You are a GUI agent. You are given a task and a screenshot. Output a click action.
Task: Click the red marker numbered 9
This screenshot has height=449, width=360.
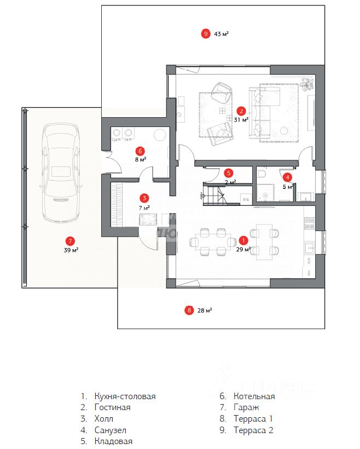206,34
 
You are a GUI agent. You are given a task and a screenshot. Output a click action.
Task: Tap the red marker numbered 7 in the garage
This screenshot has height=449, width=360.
69,240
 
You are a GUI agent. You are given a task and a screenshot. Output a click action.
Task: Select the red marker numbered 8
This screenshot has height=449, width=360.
189,310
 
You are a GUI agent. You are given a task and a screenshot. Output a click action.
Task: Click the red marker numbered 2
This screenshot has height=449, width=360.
241,110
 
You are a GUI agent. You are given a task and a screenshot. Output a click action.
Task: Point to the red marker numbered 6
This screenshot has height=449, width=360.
140,151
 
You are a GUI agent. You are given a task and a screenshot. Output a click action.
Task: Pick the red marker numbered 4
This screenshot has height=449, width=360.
287,177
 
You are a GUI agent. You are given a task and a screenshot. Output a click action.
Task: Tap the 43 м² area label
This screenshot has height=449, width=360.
222,34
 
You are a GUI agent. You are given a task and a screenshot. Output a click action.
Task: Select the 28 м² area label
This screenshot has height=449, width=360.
205,310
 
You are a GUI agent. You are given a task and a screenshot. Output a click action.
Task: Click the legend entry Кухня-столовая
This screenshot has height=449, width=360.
125,396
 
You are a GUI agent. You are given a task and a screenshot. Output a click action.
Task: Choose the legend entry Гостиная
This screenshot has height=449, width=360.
112,407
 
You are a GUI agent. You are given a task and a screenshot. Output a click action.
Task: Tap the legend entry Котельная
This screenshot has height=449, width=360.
254,396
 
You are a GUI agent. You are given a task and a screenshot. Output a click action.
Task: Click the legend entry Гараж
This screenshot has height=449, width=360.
246,407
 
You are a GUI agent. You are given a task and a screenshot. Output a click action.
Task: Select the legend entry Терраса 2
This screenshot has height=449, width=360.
253,430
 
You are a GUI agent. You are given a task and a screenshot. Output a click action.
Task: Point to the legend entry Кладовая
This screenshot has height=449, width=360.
113,441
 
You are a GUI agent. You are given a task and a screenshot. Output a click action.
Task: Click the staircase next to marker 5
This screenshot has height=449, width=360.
214,194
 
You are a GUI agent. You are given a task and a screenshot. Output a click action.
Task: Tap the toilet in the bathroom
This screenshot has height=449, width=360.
262,175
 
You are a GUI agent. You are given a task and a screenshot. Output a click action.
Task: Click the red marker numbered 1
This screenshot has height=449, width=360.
243,240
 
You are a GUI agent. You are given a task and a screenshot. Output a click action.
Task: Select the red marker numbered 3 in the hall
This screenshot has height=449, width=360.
143,198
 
